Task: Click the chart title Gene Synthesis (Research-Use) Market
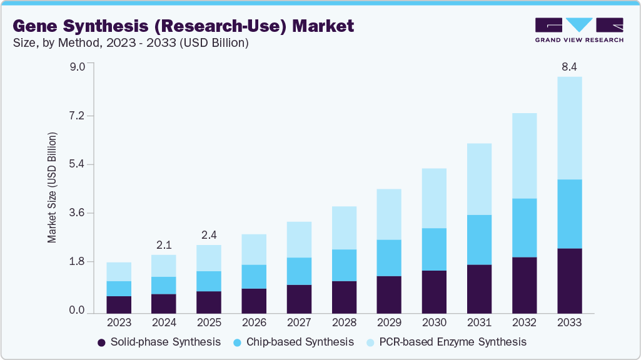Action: coord(183,26)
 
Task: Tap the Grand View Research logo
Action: coord(578,30)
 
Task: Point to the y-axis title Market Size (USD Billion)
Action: coord(53,187)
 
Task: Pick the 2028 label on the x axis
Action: coord(344,323)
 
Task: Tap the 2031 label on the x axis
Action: coord(479,323)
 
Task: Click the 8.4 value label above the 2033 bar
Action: coord(569,66)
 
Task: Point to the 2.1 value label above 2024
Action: coord(164,244)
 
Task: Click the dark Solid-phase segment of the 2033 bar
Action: coord(569,281)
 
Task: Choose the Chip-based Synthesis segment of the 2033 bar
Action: coord(569,214)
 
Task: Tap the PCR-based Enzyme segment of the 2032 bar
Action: coord(524,156)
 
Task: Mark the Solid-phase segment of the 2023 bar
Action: coord(119,304)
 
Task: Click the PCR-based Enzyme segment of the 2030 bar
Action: coord(434,198)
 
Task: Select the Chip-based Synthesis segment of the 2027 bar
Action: coord(299,271)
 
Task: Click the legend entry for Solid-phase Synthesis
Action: coord(159,342)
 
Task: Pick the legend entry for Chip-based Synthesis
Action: coord(293,342)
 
